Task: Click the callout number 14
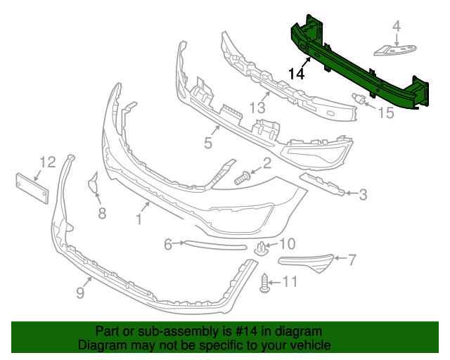point(297,72)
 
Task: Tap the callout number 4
point(396,27)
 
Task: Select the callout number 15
point(387,112)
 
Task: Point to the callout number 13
point(258,108)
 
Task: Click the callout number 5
point(208,143)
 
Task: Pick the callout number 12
point(47,162)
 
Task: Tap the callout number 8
point(102,212)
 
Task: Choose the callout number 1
point(139,220)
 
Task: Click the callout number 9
point(79,291)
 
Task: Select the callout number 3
point(363,194)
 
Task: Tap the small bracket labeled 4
point(393,49)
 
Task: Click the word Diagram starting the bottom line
point(101,345)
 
